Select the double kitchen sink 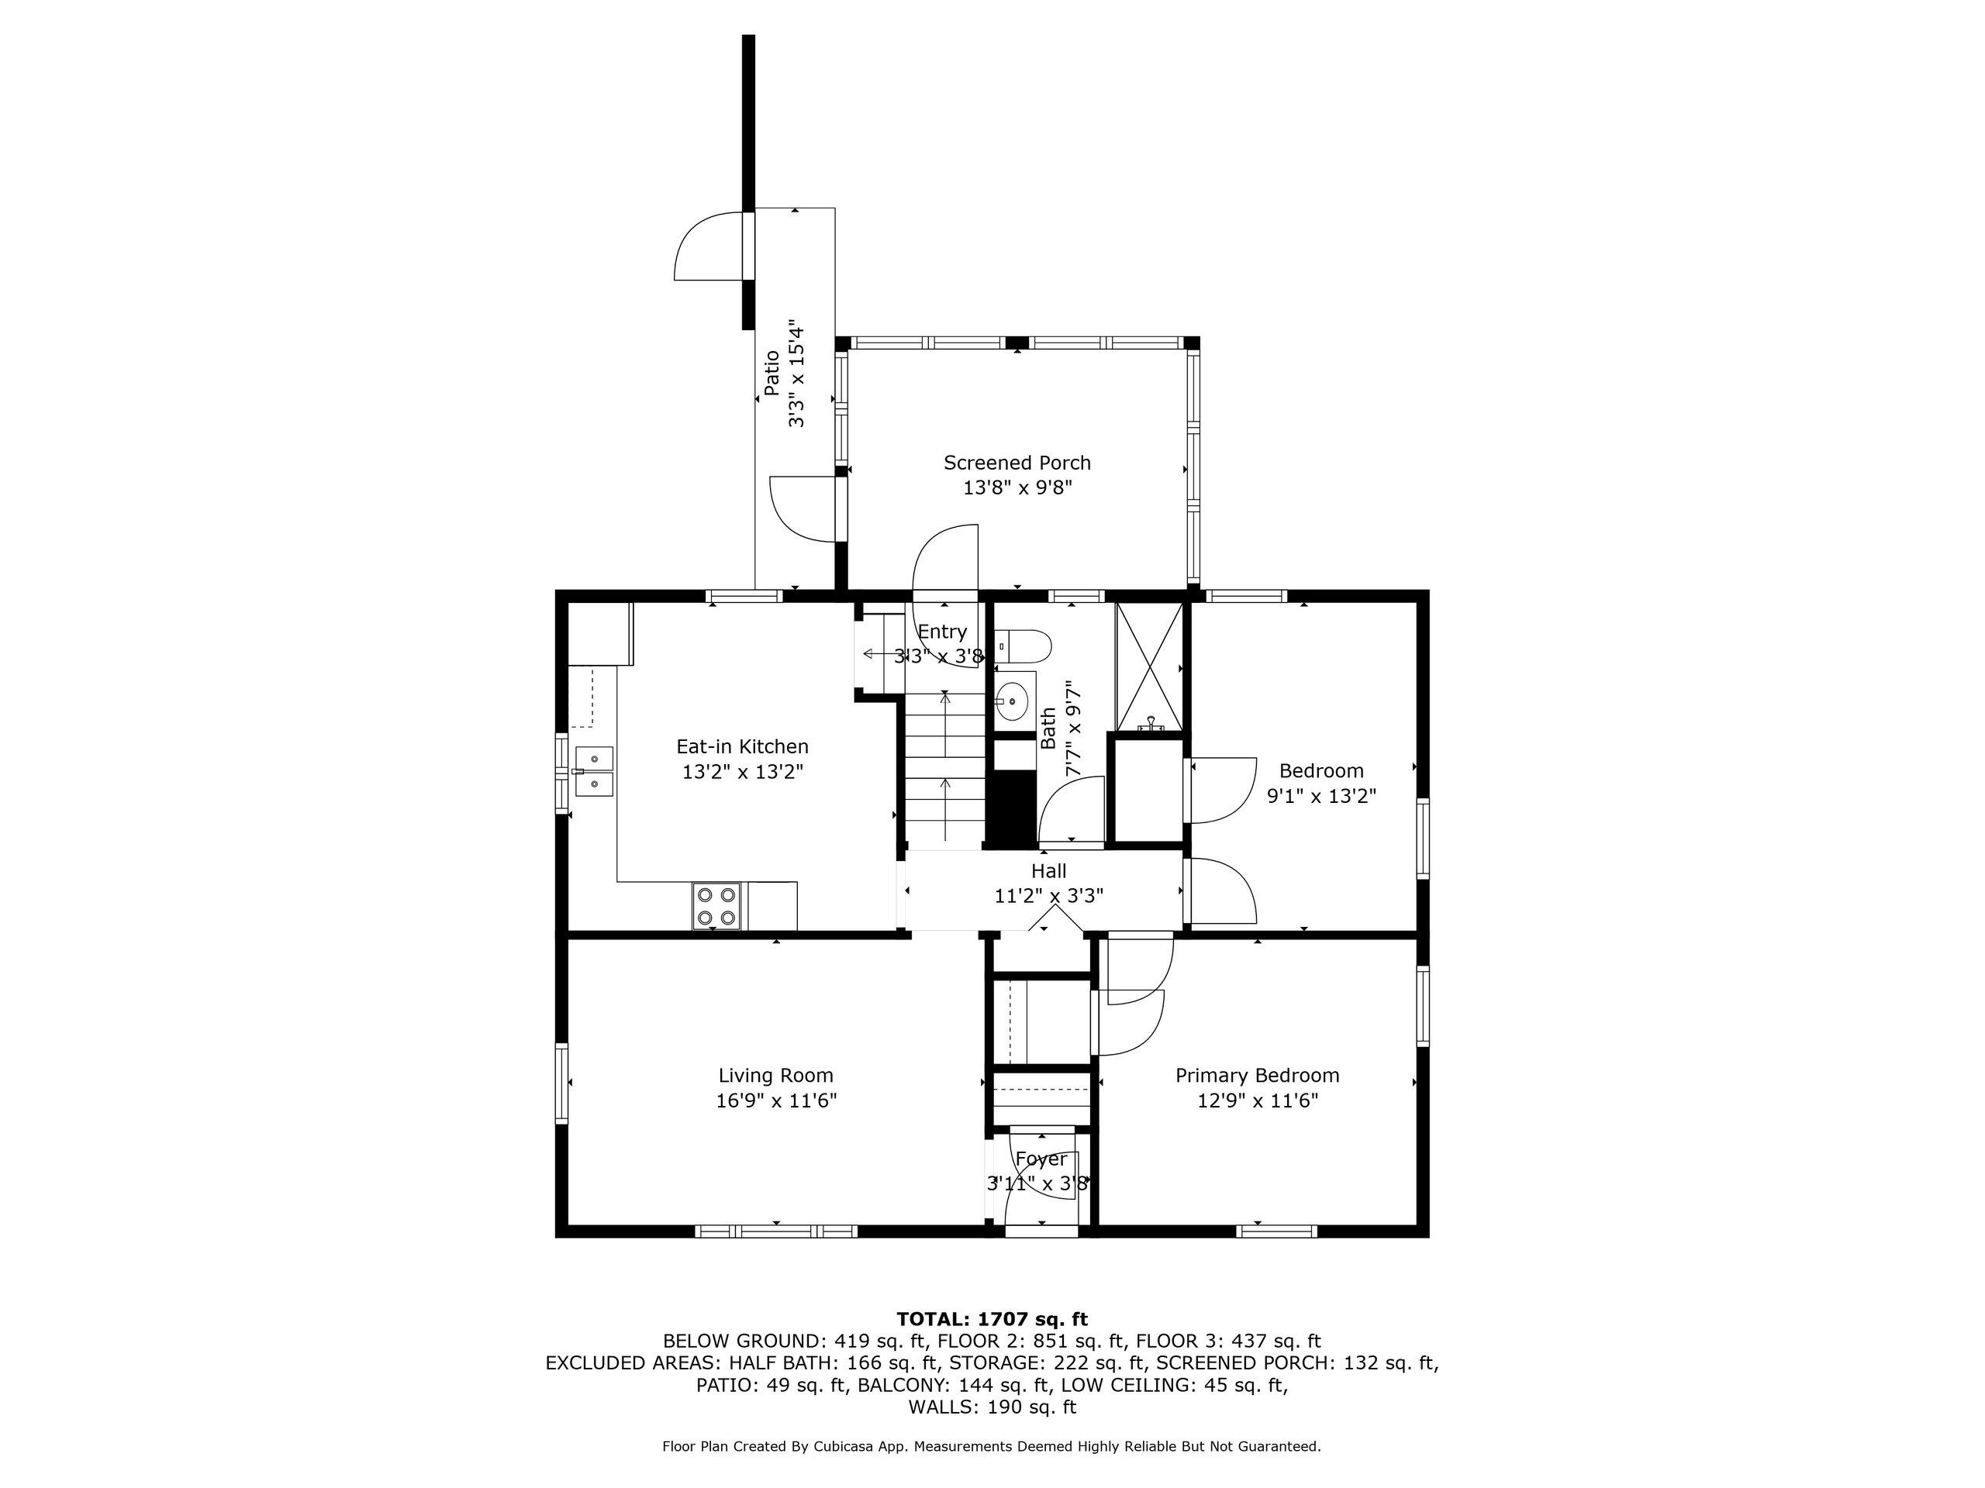pos(594,771)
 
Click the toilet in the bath pos(1025,646)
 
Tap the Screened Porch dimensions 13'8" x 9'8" pos(1017,488)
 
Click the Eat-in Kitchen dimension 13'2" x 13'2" pos(742,771)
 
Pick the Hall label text pos(1048,871)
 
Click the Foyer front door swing pos(1041,1188)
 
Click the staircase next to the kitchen pos(944,771)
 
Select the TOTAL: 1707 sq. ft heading pos(992,1318)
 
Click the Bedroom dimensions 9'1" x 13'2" pos(1321,796)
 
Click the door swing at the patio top pos(707,245)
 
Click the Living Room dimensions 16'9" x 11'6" pos(775,1100)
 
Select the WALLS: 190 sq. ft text pos(992,1407)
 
